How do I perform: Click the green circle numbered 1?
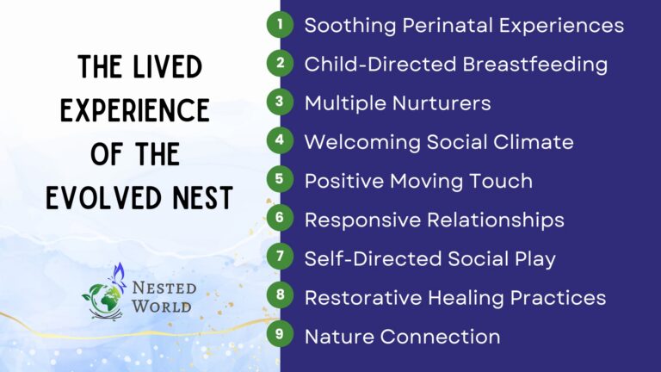pyautogui.click(x=280, y=24)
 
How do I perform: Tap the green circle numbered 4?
pyautogui.click(x=280, y=140)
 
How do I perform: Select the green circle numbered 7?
pyautogui.click(x=280, y=256)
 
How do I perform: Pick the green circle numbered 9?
pyautogui.click(x=280, y=333)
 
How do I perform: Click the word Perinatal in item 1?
pyautogui.click(x=448, y=25)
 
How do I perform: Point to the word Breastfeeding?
pyautogui.click(x=535, y=64)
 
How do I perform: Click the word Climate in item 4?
pyautogui.click(x=534, y=142)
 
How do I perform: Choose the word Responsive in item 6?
pyautogui.click(x=362, y=220)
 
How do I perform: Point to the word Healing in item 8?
pyautogui.click(x=466, y=298)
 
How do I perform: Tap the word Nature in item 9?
pyautogui.click(x=339, y=337)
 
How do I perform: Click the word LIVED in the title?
pyautogui.click(x=168, y=67)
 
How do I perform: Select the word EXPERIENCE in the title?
pyautogui.click(x=135, y=110)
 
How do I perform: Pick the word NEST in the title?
pyautogui.click(x=203, y=197)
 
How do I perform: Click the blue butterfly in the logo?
pyautogui.click(x=118, y=276)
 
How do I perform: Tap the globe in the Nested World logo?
pyautogui.click(x=104, y=301)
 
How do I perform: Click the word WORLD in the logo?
pyautogui.click(x=162, y=307)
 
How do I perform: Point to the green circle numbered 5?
pyautogui.click(x=280, y=179)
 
